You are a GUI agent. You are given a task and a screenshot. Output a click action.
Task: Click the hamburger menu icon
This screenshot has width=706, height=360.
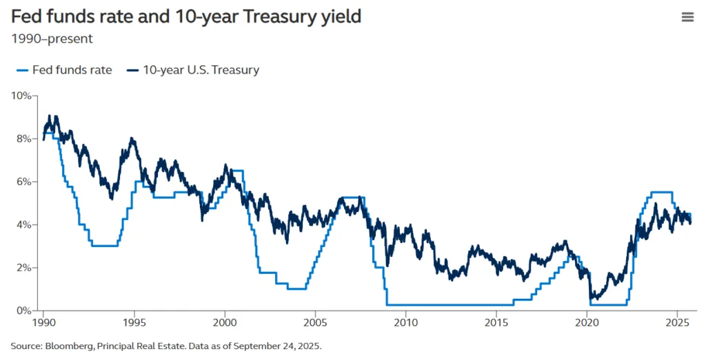point(687,17)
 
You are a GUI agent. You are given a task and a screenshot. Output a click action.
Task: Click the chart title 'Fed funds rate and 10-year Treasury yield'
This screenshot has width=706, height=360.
point(186,16)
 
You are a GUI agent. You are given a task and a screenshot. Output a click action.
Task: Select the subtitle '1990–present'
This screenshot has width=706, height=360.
point(52,39)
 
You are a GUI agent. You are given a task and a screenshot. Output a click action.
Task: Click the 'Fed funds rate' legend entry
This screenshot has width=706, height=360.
point(63,70)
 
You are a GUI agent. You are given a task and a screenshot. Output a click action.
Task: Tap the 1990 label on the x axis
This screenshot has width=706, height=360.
point(43,322)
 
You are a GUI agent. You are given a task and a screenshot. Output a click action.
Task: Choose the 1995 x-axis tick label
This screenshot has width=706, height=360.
point(134,322)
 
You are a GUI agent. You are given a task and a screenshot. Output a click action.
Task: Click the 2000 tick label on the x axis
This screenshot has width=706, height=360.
point(225,322)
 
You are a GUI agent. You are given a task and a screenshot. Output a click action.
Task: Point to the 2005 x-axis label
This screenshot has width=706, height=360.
point(315,322)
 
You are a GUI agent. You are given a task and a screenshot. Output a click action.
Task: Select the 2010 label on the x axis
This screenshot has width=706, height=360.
point(406,322)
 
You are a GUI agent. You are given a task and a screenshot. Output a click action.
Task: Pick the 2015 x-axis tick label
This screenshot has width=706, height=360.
point(496,322)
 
